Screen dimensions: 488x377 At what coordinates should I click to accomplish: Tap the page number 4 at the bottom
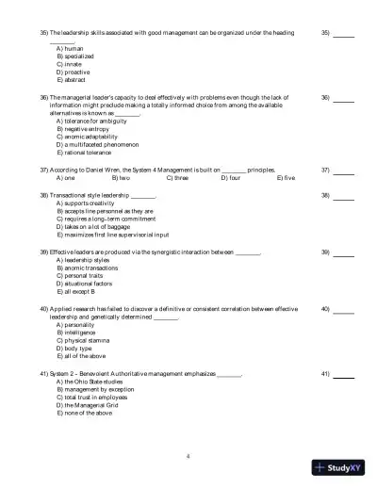(188, 456)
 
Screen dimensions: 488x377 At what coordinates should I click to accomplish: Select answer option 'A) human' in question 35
(70, 47)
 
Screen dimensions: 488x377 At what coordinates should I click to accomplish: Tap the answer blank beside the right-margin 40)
(344, 309)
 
